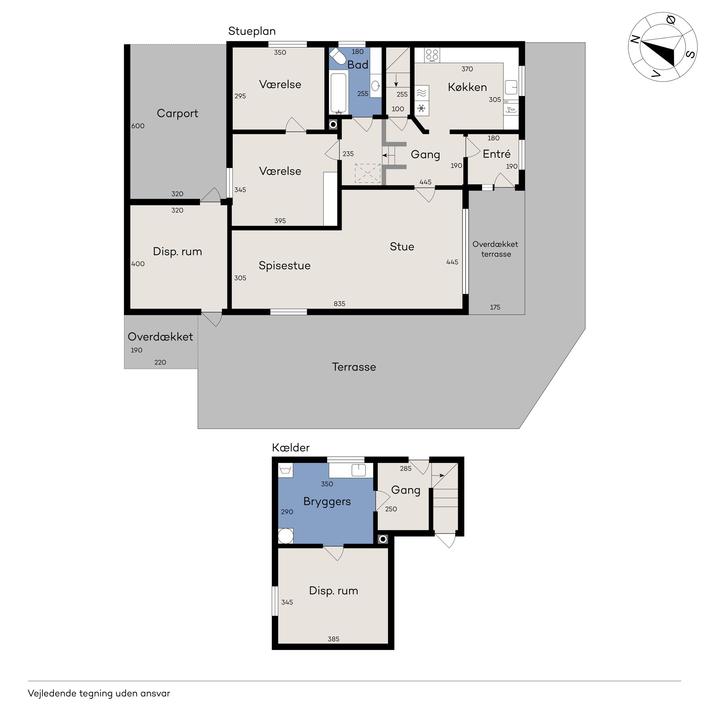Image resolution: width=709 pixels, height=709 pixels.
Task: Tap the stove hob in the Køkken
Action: pos(432,55)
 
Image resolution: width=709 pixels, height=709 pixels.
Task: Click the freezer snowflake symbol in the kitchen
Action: pos(422,109)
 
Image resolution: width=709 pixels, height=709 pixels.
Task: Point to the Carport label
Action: pos(177,113)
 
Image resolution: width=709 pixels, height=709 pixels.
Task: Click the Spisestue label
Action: pos(284,266)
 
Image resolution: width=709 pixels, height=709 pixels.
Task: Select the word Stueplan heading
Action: pos(252,31)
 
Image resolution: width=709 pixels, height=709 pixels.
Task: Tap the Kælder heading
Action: pos(291,448)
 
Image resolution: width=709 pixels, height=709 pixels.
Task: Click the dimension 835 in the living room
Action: pos(340,304)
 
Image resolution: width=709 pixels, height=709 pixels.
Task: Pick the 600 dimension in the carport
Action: pos(138,126)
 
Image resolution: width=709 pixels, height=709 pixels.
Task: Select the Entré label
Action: pos(497,154)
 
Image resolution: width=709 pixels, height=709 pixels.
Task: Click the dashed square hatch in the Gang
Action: pos(367,174)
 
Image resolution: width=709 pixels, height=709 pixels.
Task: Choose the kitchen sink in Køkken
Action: pos(511,87)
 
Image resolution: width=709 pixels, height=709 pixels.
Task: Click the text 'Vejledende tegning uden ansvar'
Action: pos(99,693)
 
